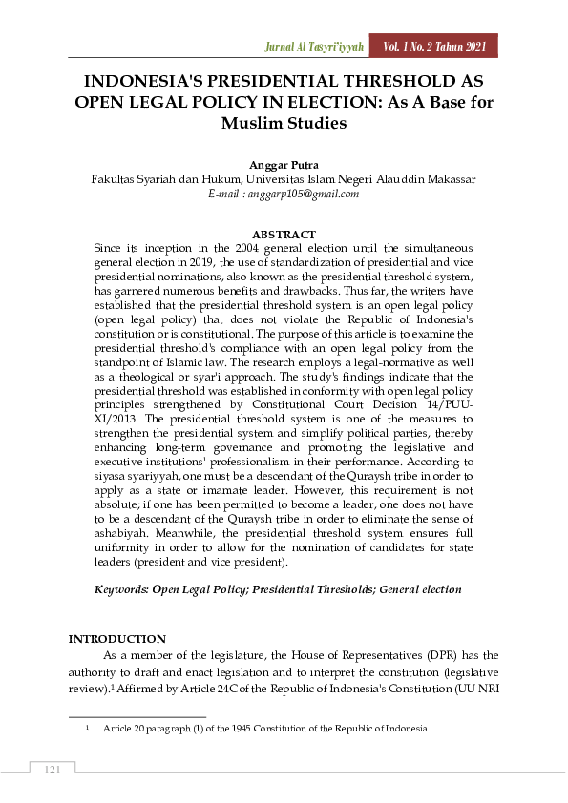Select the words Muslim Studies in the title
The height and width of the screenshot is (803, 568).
[x=284, y=123]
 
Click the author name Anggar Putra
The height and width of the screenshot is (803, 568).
[x=283, y=164]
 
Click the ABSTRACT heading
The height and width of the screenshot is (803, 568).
[x=284, y=234]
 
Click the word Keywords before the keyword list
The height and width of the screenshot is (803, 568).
[x=121, y=590]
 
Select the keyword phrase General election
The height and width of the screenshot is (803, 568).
[x=420, y=590]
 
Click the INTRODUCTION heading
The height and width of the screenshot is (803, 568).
[x=116, y=639]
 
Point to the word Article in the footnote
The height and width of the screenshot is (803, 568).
[x=118, y=729]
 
